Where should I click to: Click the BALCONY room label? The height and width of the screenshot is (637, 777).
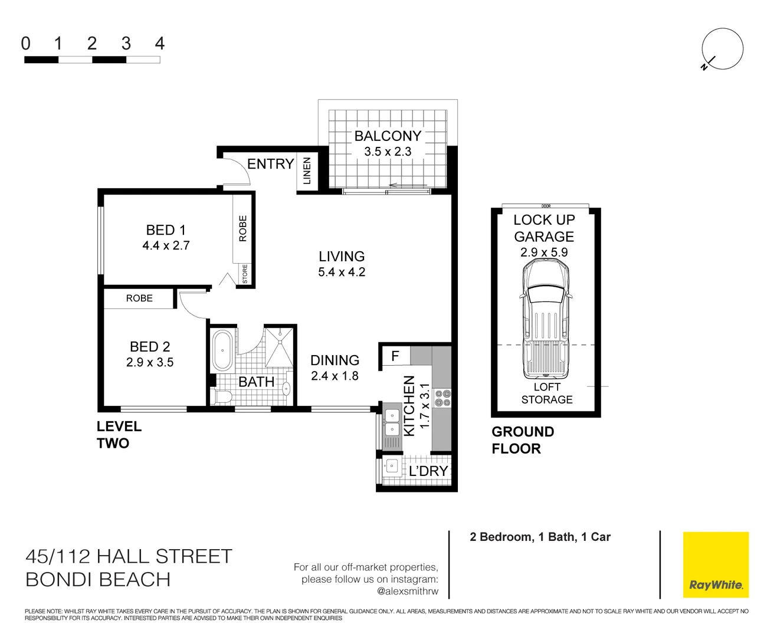388,136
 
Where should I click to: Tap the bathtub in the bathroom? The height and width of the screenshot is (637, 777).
222,350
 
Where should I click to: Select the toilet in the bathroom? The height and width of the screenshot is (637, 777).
222,396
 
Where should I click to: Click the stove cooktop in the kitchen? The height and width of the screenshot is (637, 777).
442,398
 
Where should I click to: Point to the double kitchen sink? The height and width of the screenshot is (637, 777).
392,422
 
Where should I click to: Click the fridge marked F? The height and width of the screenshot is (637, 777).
395,356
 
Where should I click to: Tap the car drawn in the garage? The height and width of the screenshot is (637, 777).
546,318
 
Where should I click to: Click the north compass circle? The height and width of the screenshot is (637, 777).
723,48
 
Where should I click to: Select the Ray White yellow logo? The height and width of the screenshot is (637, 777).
716,564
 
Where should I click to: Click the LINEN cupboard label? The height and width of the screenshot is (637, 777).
307,171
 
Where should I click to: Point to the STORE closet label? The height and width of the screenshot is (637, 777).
245,274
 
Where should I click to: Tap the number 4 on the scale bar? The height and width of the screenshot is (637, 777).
159,44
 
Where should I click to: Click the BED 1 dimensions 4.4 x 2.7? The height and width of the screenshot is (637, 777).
166,246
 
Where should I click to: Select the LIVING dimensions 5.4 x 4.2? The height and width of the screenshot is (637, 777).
342,272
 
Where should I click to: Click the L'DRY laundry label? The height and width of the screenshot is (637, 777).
428,471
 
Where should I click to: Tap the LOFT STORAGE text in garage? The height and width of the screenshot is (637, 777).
546,393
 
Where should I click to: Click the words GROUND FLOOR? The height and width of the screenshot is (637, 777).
522,440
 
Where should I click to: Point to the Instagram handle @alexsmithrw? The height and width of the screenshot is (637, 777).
408,591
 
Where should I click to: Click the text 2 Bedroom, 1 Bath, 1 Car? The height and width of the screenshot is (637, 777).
540,537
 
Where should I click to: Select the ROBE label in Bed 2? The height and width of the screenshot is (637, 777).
139,298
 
